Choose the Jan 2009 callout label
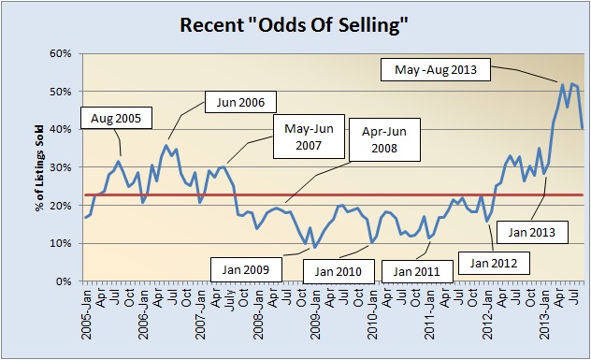point(246,269)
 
